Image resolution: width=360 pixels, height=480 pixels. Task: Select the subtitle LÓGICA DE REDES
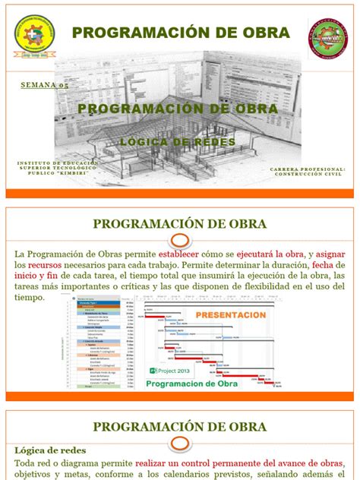pos(179,141)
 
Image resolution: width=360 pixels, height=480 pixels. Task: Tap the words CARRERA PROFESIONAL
pos(308,169)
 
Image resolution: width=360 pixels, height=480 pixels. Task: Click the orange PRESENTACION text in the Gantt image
pos(231,314)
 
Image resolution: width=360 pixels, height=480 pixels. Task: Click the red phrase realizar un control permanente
pos(194,462)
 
